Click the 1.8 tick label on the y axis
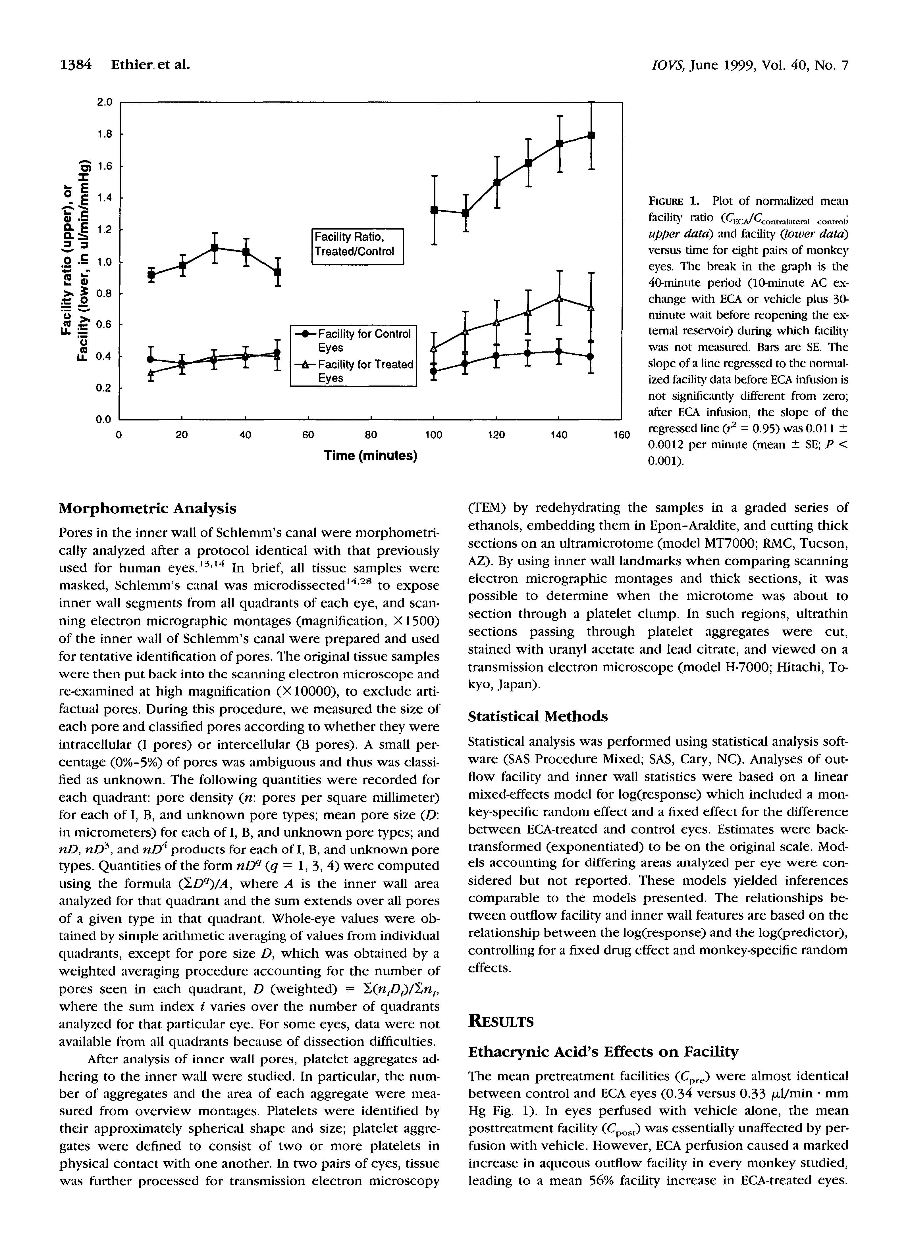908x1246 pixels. tap(104, 134)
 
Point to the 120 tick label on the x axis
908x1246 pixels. tap(496, 435)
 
